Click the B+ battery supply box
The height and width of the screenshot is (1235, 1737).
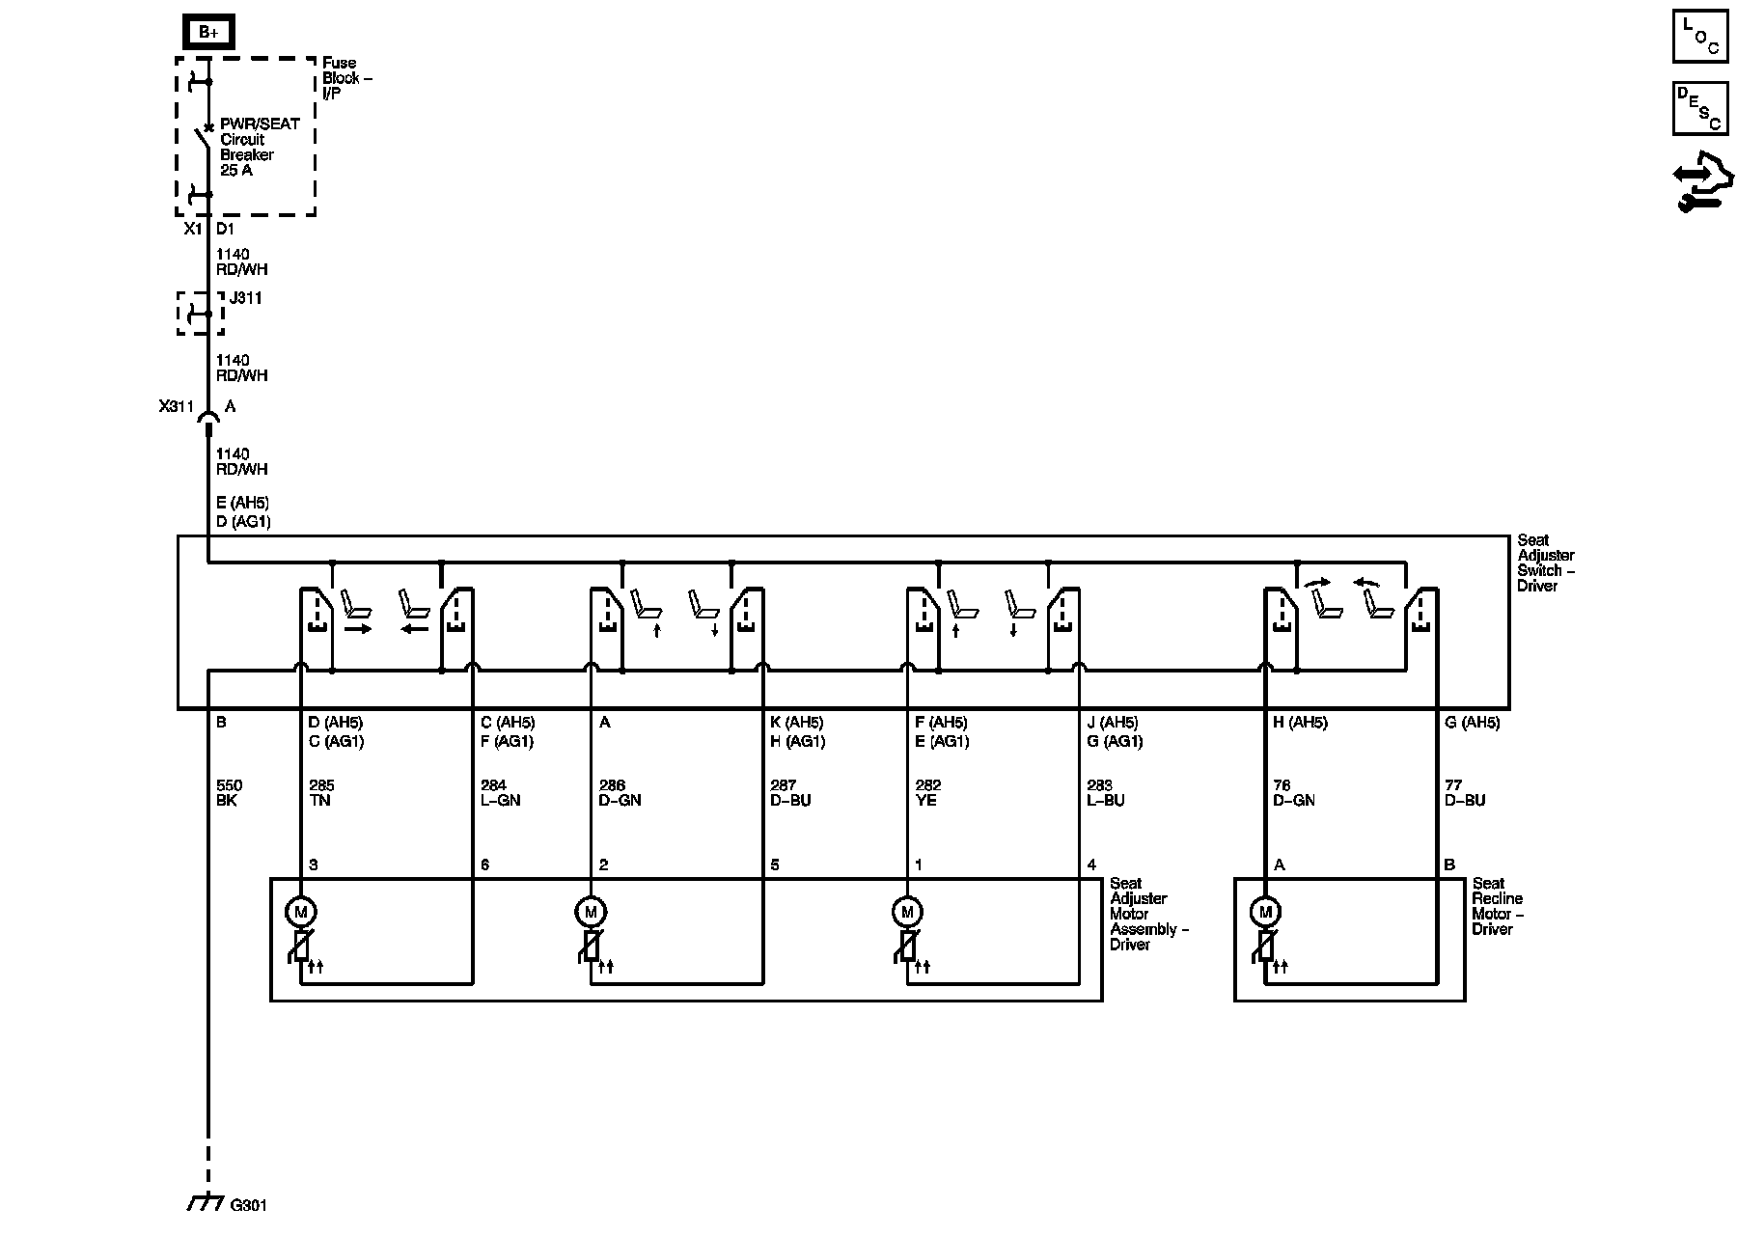coord(208,32)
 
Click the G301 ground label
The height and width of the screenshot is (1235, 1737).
coord(248,1205)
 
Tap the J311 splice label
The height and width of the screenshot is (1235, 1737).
coord(246,298)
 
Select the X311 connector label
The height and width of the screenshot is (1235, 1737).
coord(178,407)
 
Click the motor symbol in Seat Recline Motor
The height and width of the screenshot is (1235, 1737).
coord(1264,912)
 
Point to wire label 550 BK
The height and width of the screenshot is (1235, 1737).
coord(230,793)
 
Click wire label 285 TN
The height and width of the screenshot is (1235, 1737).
coord(321,793)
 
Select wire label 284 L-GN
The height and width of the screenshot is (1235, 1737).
coord(500,793)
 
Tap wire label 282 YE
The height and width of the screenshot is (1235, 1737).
coord(927,793)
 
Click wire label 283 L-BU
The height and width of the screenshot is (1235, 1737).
coord(1105,793)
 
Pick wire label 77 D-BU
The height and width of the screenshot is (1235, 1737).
coord(1464,793)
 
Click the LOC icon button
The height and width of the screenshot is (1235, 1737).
coord(1699,37)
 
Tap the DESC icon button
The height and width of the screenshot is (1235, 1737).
coord(1699,108)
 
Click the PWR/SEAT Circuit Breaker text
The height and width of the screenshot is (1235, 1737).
coord(259,147)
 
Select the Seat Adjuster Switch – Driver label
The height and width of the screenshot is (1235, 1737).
coord(1546,563)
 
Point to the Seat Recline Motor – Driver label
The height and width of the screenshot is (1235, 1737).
coord(1497,906)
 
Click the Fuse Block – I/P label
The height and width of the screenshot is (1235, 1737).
coord(346,78)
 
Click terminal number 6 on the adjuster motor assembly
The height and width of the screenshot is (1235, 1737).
coord(484,864)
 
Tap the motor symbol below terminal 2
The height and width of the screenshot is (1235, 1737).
coord(590,912)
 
